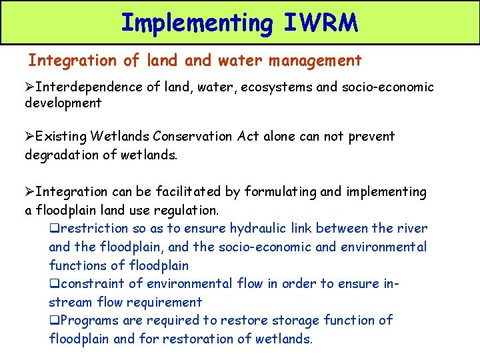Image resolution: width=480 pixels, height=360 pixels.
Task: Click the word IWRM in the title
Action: pos(321,23)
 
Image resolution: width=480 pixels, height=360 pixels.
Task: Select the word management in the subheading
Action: pos(315,61)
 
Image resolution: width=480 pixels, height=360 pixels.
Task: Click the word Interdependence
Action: pos(87,87)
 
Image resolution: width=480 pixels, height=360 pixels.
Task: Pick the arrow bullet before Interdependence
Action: pos(30,87)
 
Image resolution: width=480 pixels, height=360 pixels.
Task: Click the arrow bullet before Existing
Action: pos(30,137)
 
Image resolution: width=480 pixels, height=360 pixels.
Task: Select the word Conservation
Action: pos(194,136)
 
